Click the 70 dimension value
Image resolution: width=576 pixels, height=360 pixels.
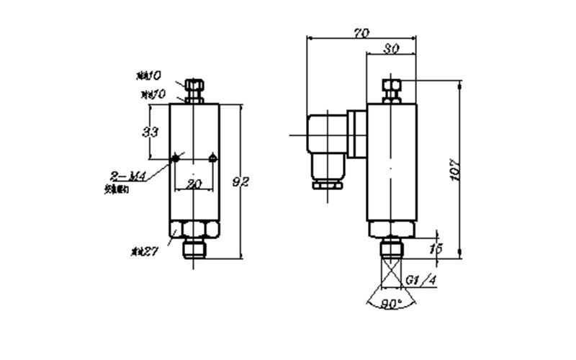click(x=361, y=33)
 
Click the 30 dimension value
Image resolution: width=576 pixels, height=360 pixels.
click(x=392, y=49)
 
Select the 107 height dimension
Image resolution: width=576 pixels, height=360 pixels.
click(x=454, y=170)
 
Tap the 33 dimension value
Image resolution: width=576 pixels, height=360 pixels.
click(x=150, y=132)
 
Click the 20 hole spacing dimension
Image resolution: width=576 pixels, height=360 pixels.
click(x=194, y=184)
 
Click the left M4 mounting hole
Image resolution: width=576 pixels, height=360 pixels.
click(x=176, y=158)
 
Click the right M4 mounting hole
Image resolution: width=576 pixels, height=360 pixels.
click(x=212, y=158)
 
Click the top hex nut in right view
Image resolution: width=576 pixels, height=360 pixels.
click(x=391, y=89)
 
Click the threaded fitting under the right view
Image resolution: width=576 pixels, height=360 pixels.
click(x=391, y=249)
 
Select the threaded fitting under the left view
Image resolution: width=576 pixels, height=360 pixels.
click(x=194, y=249)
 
